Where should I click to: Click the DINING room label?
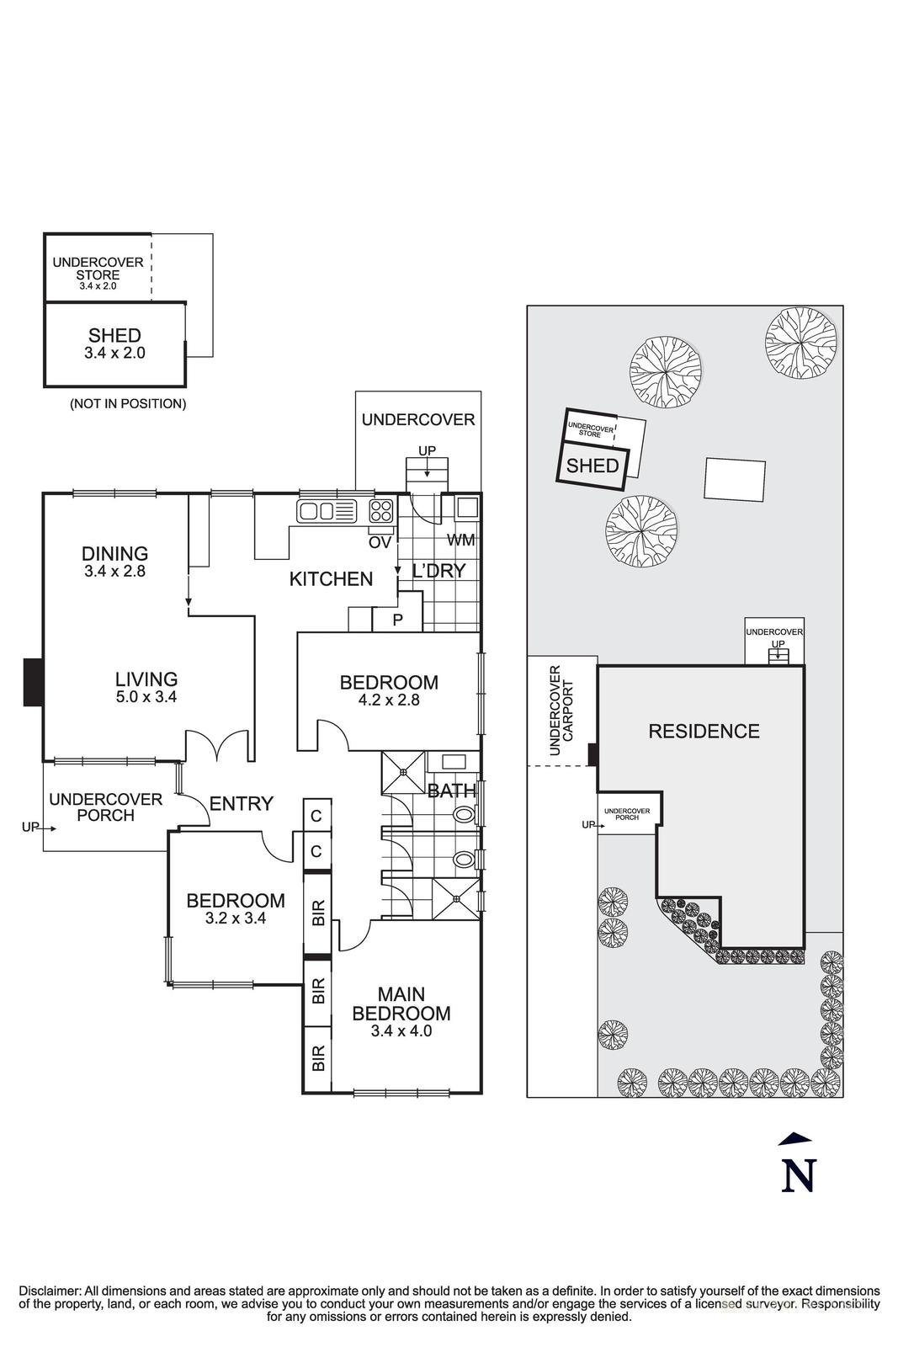coord(114,554)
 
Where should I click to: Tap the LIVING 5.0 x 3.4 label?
coord(146,687)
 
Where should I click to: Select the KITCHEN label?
coord(331,579)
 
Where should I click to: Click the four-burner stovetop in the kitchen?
coord(380,510)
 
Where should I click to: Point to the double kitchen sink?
coord(316,510)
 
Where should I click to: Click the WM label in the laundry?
coord(460,540)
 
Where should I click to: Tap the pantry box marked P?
coord(398,620)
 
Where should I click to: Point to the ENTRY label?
coord(242,804)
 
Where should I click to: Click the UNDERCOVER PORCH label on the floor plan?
coord(105,807)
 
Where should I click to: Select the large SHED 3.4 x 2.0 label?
coord(114,343)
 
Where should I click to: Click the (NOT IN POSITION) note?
coord(128,404)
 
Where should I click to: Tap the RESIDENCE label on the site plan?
coord(704,732)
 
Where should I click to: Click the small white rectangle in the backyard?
coord(735,480)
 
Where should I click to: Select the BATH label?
coord(451,791)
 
